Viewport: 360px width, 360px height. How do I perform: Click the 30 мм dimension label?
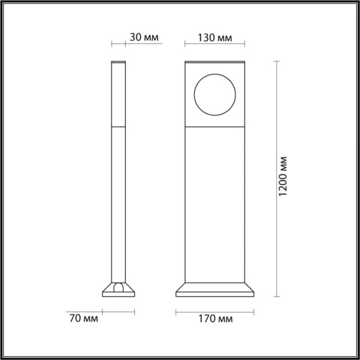click(x=143, y=37)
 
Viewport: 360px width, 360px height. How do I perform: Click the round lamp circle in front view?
click(x=214, y=94)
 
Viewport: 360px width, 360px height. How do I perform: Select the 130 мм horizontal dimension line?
click(x=215, y=45)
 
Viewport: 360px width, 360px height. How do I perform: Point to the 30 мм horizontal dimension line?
click(x=119, y=45)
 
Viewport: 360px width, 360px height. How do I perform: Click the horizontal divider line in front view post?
click(x=215, y=125)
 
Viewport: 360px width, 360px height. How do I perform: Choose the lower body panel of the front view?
click(x=215, y=205)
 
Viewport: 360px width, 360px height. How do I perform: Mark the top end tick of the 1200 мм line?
click(x=276, y=61)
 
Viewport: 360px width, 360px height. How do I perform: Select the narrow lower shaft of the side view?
click(x=119, y=205)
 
